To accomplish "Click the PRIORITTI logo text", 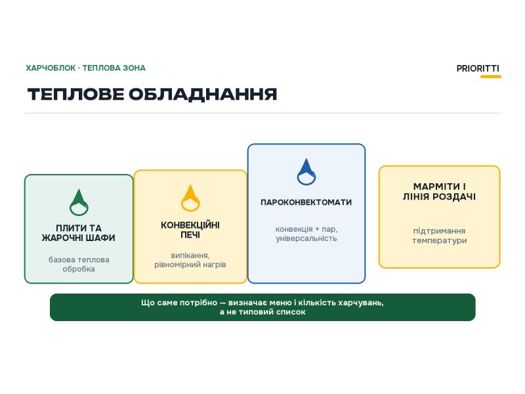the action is click(x=478, y=68).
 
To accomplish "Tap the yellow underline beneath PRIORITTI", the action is click(x=491, y=76).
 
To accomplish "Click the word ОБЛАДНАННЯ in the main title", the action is click(x=203, y=94).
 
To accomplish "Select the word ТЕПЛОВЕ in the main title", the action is click(x=75, y=94).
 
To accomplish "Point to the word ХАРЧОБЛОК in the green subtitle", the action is click(x=51, y=68).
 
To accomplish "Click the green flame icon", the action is click(x=79, y=202).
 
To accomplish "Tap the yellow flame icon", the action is click(x=190, y=198).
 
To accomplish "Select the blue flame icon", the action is click(x=306, y=171).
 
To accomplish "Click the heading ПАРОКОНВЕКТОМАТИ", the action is click(x=306, y=202).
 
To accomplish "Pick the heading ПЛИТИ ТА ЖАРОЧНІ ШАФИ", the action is click(x=79, y=233).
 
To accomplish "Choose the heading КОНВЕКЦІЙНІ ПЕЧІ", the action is click(x=190, y=230).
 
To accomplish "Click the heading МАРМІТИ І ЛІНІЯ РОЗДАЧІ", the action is click(x=439, y=191).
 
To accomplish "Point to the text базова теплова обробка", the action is click(x=79, y=265).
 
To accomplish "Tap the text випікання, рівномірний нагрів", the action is click(x=190, y=260).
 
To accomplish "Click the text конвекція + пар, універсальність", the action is click(x=306, y=234).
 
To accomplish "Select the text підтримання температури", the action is click(x=439, y=236).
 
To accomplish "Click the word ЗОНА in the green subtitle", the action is click(x=135, y=68).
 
